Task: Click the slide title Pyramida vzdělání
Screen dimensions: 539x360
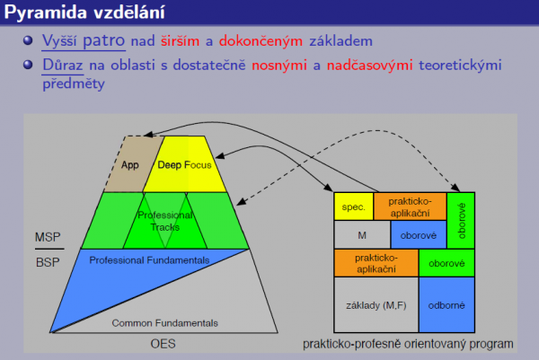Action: tap(84, 13)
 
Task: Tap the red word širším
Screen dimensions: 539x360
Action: tap(181, 41)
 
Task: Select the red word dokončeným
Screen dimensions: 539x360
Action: tap(261, 41)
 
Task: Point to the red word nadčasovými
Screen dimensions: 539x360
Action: tap(369, 65)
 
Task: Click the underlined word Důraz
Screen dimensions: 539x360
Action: tap(63, 65)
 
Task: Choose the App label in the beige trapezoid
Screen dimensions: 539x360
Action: tap(130, 165)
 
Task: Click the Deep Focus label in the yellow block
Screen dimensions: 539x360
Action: tap(184, 165)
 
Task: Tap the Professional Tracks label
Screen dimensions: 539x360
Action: tap(165, 221)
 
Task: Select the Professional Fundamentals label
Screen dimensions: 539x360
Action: tap(149, 260)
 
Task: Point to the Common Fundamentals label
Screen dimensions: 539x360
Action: tap(164, 323)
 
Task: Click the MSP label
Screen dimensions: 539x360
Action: tap(48, 237)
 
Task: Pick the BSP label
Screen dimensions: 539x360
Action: tap(48, 262)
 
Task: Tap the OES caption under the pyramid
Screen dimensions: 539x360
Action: tap(163, 344)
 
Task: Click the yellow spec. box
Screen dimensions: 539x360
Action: tap(354, 206)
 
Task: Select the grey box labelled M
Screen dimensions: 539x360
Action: tap(362, 234)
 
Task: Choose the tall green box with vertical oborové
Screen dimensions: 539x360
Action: tap(461, 221)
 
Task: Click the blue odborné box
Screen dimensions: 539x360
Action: tap(446, 304)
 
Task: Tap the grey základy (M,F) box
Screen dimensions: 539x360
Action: tap(376, 304)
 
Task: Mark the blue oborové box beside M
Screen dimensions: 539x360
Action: tap(419, 234)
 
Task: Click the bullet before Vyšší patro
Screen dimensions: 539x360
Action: tap(28, 40)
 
